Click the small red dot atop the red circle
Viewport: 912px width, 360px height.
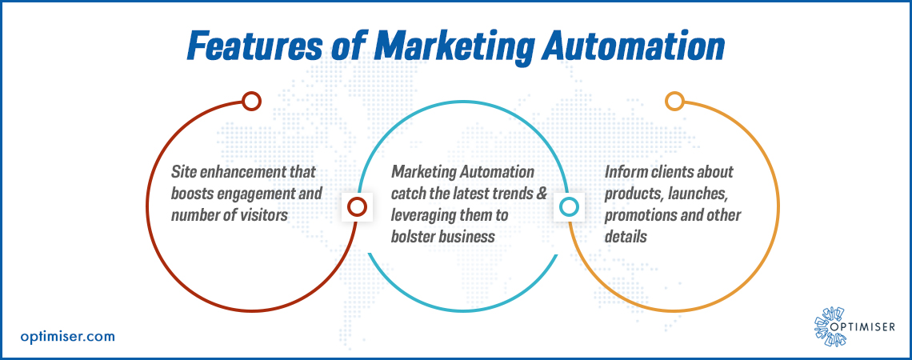(x=251, y=101)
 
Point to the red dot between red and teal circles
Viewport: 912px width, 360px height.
(x=357, y=206)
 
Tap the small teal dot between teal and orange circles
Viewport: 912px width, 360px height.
(x=568, y=206)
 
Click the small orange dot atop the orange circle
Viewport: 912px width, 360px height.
(x=674, y=101)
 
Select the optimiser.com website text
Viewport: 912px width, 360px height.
(x=67, y=336)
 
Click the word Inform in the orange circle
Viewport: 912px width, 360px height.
(x=623, y=172)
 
